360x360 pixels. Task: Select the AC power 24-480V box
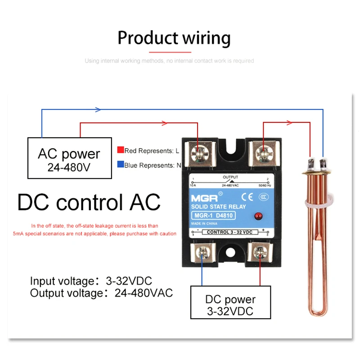[69, 158]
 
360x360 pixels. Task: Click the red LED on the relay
[258, 217]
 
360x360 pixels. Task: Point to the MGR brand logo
[202, 197]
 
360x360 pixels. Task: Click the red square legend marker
[120, 150]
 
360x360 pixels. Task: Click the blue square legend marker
[120, 165]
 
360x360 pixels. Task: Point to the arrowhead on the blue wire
[98, 109]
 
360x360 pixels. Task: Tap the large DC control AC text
[89, 202]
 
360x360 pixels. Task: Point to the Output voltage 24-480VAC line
[101, 293]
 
